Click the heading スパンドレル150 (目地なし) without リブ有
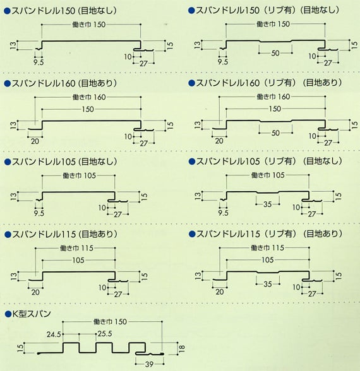(64, 11)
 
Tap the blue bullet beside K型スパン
(8, 314)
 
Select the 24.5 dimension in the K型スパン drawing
(54, 334)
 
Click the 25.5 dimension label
(105, 334)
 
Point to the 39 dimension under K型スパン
(150, 364)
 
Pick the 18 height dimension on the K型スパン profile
(182, 348)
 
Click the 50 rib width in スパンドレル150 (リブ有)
(275, 53)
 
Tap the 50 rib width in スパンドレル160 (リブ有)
(275, 133)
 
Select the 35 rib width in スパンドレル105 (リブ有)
(268, 204)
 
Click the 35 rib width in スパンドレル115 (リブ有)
(268, 284)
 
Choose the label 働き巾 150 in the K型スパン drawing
(110, 322)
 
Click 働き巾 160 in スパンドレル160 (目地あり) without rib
(89, 97)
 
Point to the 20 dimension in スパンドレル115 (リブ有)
(220, 291)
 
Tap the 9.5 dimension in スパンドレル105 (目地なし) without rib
(39, 213)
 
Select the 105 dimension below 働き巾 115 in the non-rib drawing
(78, 261)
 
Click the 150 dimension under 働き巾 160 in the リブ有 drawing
(275, 109)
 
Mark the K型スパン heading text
(32, 314)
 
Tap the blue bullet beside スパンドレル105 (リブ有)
(191, 162)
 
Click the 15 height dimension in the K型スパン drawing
(21, 348)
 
